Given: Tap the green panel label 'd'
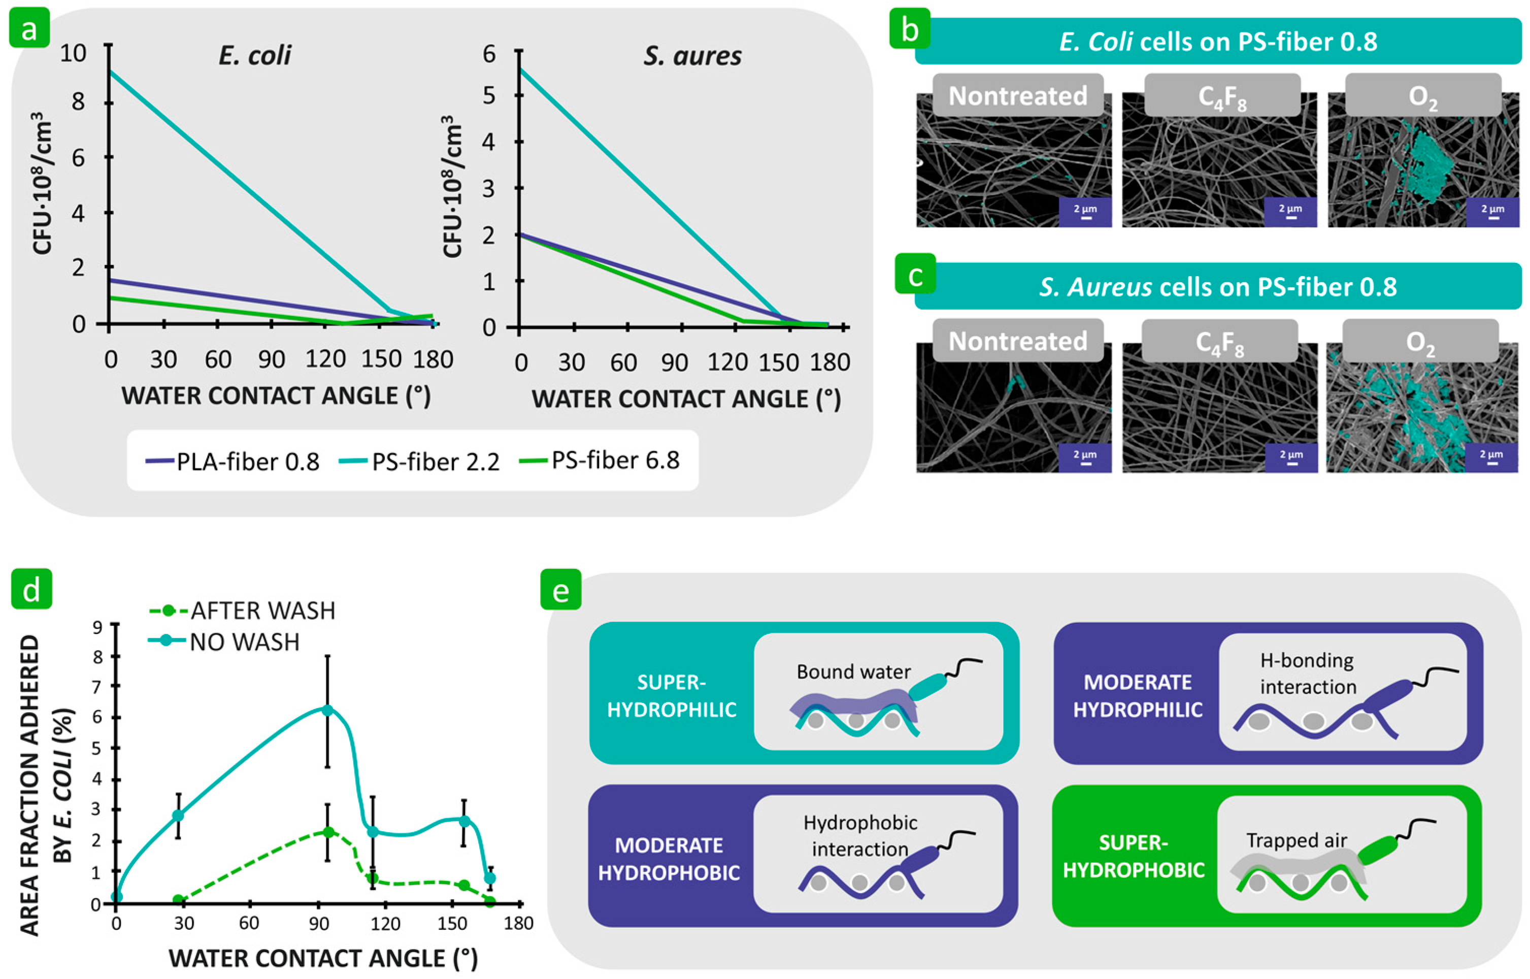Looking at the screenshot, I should [x=31, y=589].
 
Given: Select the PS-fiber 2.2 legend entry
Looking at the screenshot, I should [x=420, y=461].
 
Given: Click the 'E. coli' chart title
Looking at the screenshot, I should [x=254, y=56].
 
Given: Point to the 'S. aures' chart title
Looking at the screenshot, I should [x=692, y=56].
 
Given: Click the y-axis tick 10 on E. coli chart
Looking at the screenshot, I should [x=73, y=53].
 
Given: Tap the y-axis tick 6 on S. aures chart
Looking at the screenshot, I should [x=488, y=53].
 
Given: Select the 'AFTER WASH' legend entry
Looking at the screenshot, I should [x=242, y=610].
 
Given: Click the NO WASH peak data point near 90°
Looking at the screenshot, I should [x=327, y=710].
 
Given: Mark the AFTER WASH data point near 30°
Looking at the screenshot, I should [x=179, y=899].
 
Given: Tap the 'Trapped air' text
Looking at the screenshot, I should [x=1296, y=840].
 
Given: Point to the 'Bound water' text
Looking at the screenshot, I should [x=853, y=672].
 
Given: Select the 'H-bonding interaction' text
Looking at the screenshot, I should [x=1308, y=674].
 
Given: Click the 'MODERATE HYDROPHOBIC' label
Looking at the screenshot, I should [x=669, y=859].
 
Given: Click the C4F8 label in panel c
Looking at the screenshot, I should [x=1219, y=343].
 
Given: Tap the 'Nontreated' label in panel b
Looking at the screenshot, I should [x=1017, y=96].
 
